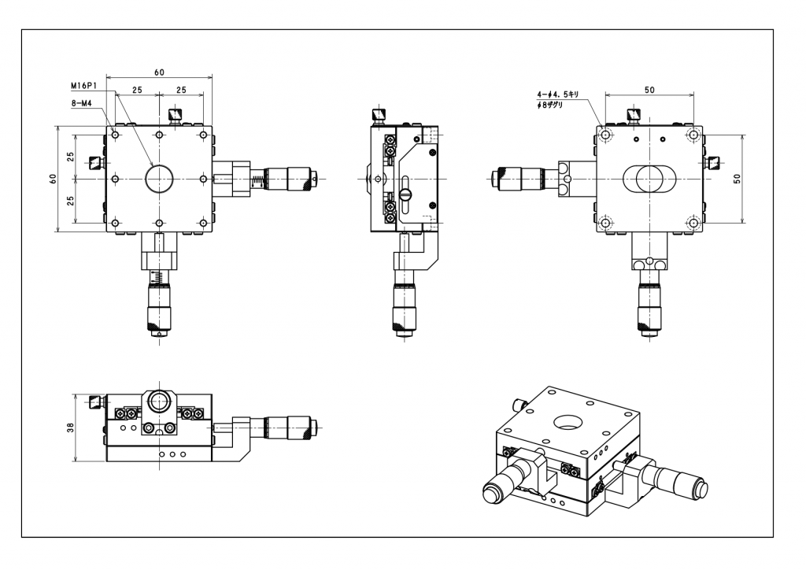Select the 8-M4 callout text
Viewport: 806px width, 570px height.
82,102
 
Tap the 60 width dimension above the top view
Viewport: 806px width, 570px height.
159,72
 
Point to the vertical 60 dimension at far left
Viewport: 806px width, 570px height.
53,179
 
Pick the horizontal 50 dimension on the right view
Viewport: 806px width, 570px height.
649,90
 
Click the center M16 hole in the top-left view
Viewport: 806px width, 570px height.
159,179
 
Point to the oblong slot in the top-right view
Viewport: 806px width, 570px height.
649,179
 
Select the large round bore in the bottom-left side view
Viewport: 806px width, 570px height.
159,402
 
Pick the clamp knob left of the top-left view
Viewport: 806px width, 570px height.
96,163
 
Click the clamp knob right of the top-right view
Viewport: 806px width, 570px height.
713,163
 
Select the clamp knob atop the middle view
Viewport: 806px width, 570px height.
381,117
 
